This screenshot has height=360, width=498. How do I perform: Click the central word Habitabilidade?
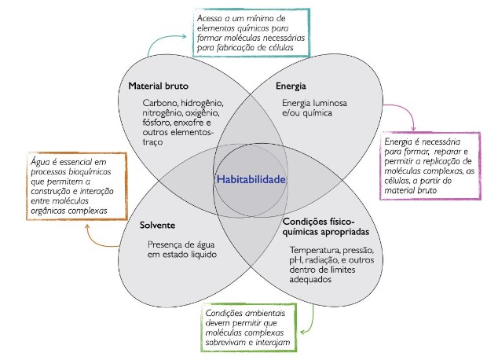250,179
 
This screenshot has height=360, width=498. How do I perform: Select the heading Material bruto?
159,85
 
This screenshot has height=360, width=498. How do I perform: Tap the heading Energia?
290,85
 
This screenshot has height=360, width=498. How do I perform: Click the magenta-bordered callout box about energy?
430,167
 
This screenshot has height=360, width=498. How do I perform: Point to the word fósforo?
159,123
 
